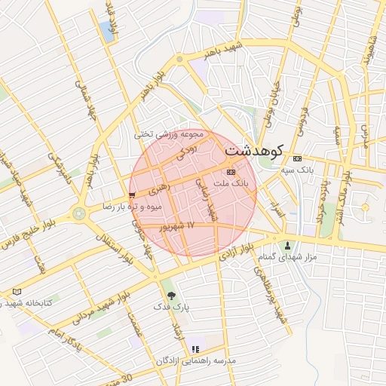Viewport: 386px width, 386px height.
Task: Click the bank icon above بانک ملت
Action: click(x=231, y=172)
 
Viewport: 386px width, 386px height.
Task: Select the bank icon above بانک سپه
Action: click(x=297, y=158)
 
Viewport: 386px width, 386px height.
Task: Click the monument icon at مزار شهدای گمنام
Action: click(x=288, y=245)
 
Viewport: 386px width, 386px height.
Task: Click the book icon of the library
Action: click(x=17, y=292)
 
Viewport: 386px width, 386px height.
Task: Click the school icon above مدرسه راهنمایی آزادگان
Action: click(x=195, y=349)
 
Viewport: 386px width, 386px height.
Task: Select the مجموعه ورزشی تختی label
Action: click(x=170, y=134)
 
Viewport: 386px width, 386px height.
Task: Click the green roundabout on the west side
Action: click(x=79, y=213)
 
